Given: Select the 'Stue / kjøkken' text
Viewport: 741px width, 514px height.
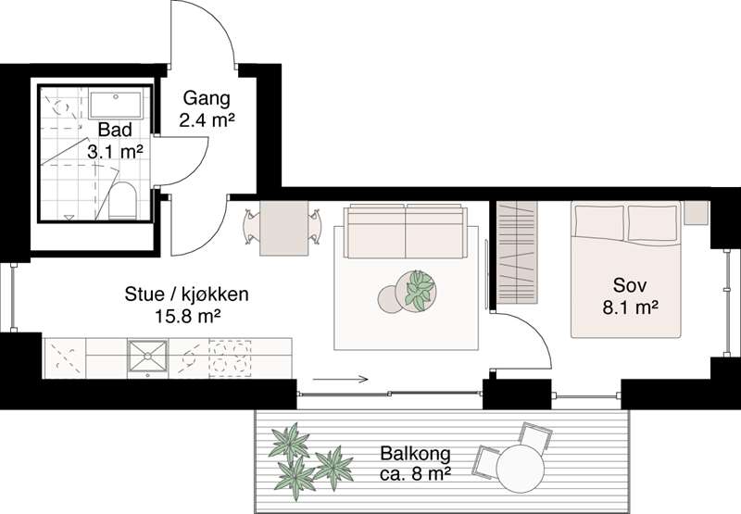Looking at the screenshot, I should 186,295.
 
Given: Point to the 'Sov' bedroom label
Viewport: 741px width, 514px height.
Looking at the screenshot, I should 629,283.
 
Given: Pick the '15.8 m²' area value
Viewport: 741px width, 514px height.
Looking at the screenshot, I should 186,316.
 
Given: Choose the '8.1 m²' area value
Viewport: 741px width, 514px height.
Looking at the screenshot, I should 629,303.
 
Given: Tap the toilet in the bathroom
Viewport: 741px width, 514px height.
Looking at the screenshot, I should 122,200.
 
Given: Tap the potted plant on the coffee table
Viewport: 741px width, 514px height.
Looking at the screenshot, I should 420,289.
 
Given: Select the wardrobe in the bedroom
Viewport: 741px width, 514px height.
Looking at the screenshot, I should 518,252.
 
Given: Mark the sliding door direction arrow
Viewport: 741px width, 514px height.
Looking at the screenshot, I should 340,379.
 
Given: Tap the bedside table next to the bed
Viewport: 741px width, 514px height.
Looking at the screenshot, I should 696,212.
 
